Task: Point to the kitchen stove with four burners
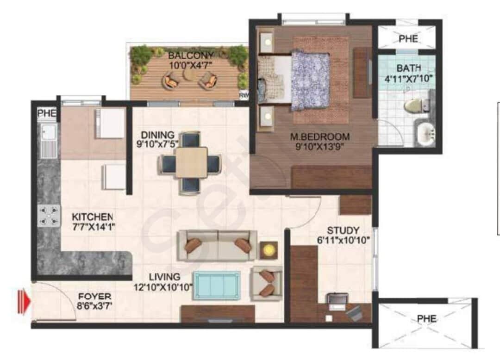(x=49, y=216)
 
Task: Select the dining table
(x=191, y=162)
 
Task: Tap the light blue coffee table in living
(x=216, y=284)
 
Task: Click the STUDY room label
(x=343, y=230)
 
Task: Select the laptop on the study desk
(x=336, y=300)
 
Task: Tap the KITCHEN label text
(x=92, y=217)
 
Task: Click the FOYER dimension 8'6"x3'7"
(x=94, y=305)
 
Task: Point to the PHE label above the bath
(x=407, y=39)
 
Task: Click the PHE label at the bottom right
(x=426, y=319)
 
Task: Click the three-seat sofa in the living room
(x=217, y=245)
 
